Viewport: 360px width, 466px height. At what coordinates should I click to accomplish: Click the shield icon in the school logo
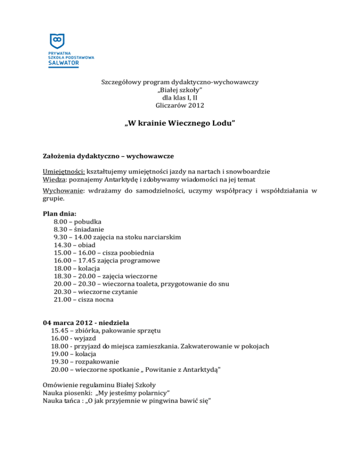[x=57, y=41]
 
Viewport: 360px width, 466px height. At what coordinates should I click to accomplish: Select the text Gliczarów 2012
[x=180, y=105]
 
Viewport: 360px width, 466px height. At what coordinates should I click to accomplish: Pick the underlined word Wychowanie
[x=63, y=191]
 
